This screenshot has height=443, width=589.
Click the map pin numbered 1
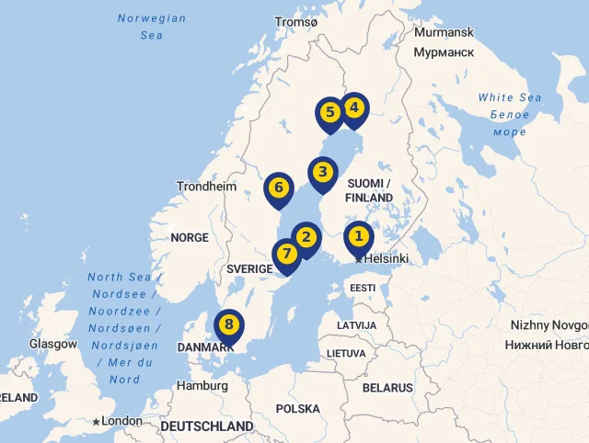point(359,237)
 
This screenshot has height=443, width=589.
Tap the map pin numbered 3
point(322,172)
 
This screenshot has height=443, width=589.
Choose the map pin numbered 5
point(329,113)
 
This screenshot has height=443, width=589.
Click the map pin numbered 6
point(278,188)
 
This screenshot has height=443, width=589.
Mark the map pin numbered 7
point(287,254)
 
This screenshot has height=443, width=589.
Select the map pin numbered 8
point(229,324)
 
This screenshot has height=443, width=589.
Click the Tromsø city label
point(296,21)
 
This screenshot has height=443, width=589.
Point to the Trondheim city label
point(206,186)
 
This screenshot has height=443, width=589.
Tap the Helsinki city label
point(387,259)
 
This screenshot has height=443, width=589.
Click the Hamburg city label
point(202,386)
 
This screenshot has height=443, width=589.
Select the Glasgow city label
point(53,344)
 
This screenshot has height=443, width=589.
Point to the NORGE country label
point(190,237)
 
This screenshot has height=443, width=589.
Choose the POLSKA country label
point(297,408)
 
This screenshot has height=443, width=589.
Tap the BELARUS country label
point(387,388)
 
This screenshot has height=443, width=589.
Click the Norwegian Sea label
point(152,27)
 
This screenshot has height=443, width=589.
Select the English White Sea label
point(510,98)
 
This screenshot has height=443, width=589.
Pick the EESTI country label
point(363,288)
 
